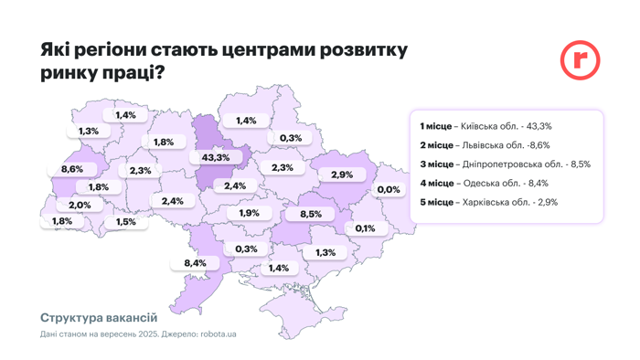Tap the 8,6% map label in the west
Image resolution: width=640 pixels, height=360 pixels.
[x=71, y=169]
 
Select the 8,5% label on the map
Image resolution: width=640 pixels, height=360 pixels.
[x=310, y=214]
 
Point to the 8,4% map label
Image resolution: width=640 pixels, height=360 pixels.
[x=195, y=263]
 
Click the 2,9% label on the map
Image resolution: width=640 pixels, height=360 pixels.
[x=342, y=175]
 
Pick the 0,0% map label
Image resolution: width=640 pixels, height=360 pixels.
[x=389, y=189]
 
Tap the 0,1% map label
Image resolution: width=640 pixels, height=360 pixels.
[x=365, y=228]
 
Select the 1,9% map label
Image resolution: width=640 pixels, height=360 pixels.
[x=249, y=213]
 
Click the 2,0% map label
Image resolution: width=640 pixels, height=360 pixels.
[x=80, y=205]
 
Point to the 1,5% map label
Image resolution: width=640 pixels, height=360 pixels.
[x=126, y=222]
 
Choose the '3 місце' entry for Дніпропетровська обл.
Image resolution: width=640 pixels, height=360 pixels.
[x=505, y=164]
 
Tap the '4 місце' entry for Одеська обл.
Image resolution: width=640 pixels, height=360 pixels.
[x=484, y=183]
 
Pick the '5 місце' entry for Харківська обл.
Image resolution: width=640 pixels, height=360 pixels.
[x=488, y=202]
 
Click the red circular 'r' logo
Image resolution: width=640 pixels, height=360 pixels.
[x=580, y=60]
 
